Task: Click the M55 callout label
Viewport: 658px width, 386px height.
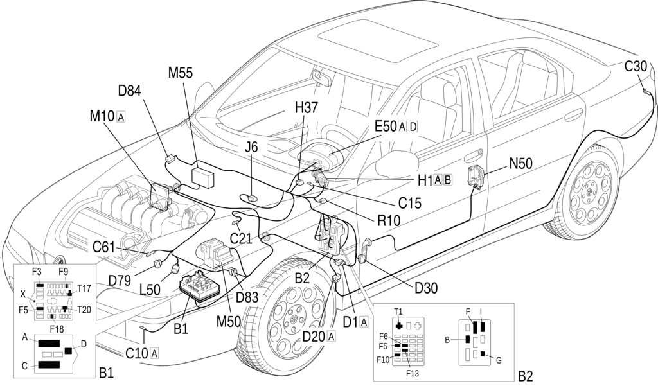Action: (181, 73)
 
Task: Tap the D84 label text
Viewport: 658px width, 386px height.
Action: (130, 91)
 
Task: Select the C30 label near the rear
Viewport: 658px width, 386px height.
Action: (636, 66)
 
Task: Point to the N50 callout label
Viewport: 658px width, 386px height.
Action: (520, 163)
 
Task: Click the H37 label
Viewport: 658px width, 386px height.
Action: (307, 108)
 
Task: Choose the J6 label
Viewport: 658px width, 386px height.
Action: (251, 147)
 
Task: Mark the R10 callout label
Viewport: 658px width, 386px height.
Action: (389, 220)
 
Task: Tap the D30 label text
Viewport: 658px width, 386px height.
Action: (427, 288)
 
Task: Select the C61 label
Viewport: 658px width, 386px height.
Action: (103, 247)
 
